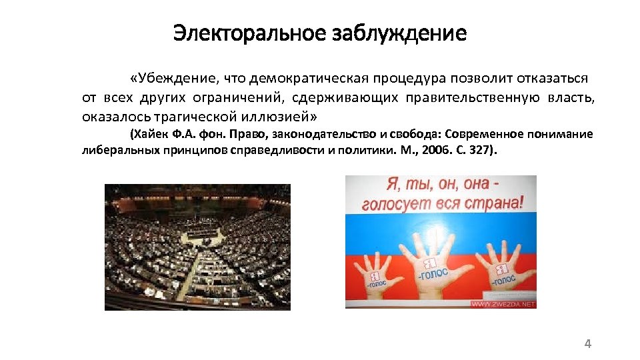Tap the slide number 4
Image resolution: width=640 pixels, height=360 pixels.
pos(587,344)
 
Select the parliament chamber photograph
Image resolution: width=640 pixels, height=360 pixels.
pos(197,247)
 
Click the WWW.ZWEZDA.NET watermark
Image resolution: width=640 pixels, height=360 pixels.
pos(504,304)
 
